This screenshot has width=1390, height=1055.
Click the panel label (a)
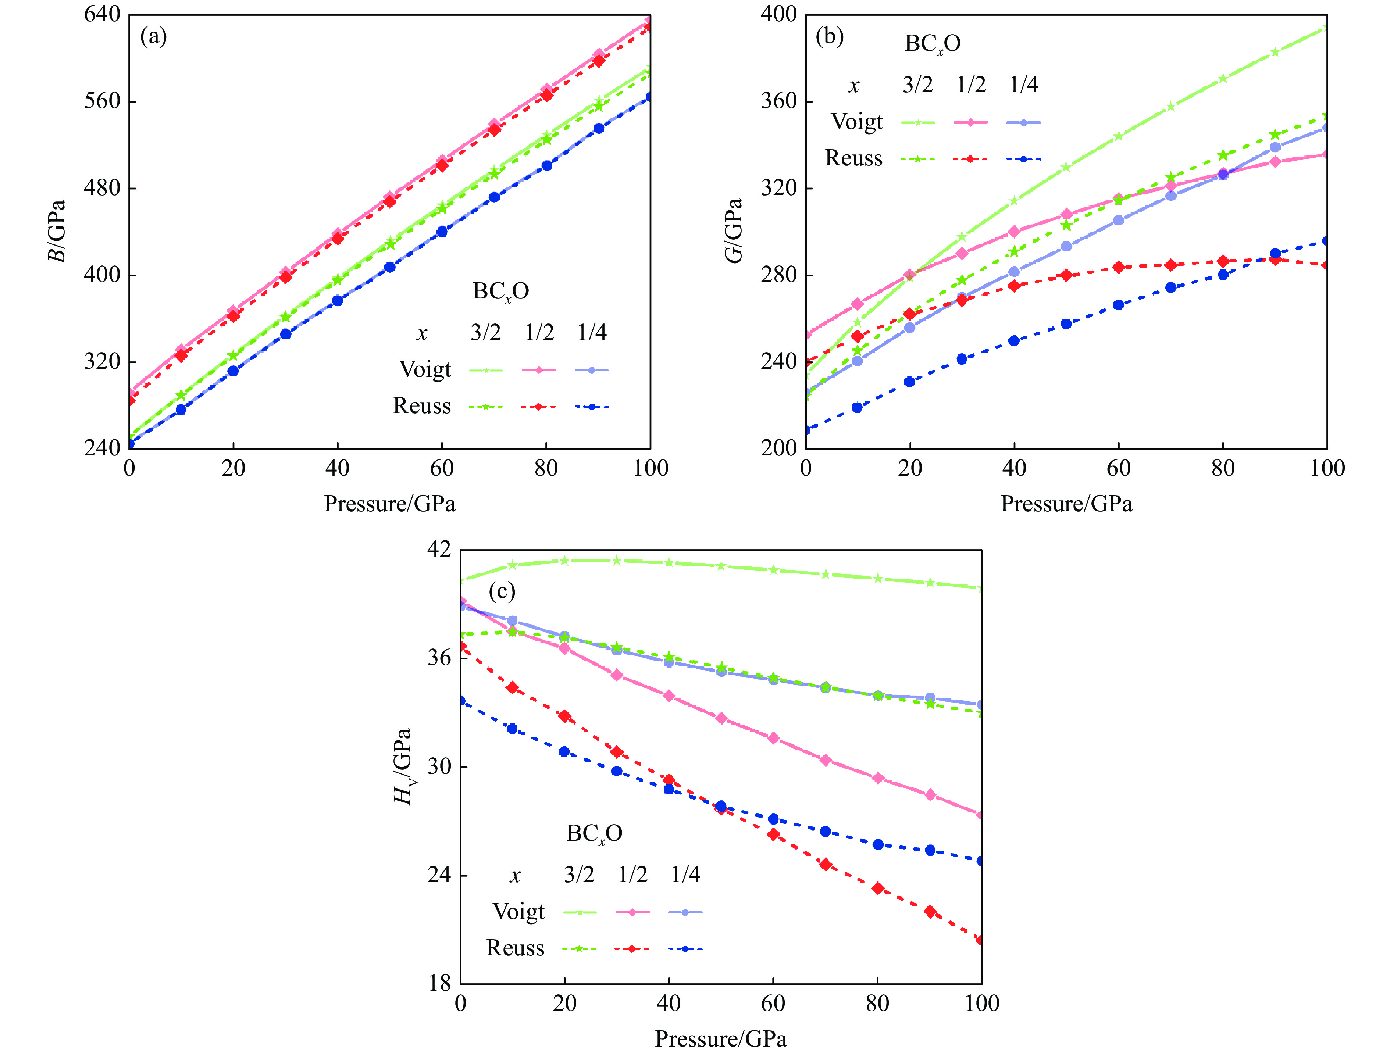coord(153,36)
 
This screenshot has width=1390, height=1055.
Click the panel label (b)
coord(830,36)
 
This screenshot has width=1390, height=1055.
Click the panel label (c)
coord(502,591)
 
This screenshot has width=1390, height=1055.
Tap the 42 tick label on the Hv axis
coord(439,549)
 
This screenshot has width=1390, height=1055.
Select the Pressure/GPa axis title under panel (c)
coord(721,1039)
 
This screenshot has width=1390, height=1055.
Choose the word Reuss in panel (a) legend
coord(422,406)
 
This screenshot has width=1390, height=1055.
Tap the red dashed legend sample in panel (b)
coord(970,159)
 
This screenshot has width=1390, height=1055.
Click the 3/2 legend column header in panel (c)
coord(579,875)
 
